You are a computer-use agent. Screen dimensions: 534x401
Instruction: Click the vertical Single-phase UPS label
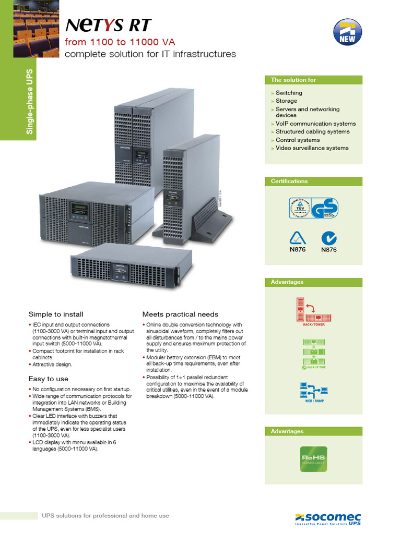pyautogui.click(x=30, y=102)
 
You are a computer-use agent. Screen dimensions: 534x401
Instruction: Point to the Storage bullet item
pyautogui.click(x=286, y=101)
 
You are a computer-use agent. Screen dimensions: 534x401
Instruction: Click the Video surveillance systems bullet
pyautogui.click(x=312, y=148)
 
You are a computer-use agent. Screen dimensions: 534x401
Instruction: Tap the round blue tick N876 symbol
pyautogui.click(x=328, y=238)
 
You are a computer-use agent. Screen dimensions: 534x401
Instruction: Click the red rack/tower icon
pyautogui.click(x=313, y=310)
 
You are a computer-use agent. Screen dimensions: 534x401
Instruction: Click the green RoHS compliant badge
pyautogui.click(x=313, y=459)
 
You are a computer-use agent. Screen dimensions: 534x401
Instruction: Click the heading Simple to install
pyautogui.click(x=56, y=314)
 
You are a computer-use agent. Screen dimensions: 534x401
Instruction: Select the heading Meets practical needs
pyautogui.click(x=180, y=314)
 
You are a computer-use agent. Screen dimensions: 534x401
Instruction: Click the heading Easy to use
pyautogui.click(x=48, y=379)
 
